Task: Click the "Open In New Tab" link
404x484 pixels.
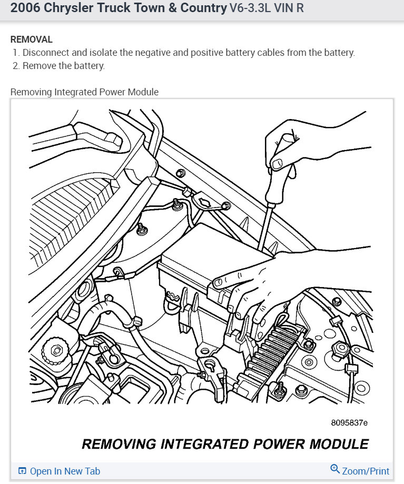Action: tap(65, 471)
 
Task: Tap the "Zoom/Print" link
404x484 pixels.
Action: tap(366, 471)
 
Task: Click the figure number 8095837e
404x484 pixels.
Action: tap(349, 422)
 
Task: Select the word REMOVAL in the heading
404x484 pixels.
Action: tap(32, 39)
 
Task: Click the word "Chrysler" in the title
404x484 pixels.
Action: tap(69, 8)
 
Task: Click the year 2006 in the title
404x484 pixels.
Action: tap(24, 8)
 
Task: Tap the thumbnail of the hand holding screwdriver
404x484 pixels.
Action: tap(278, 164)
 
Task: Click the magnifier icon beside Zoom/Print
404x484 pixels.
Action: tap(335, 469)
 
